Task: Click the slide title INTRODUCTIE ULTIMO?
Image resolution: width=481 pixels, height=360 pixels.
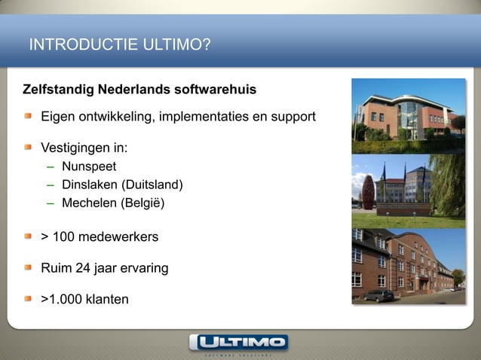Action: click(119, 46)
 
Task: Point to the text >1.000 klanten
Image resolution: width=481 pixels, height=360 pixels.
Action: click(84, 300)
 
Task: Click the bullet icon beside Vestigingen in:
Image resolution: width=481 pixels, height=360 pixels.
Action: click(27, 147)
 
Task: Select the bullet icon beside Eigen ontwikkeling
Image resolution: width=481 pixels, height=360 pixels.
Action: click(27, 118)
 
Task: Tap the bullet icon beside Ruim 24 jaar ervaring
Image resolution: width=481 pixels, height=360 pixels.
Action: click(27, 268)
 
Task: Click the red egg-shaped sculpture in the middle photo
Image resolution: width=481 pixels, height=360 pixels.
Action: click(368, 191)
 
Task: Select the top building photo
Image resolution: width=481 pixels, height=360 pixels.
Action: click(409, 114)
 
